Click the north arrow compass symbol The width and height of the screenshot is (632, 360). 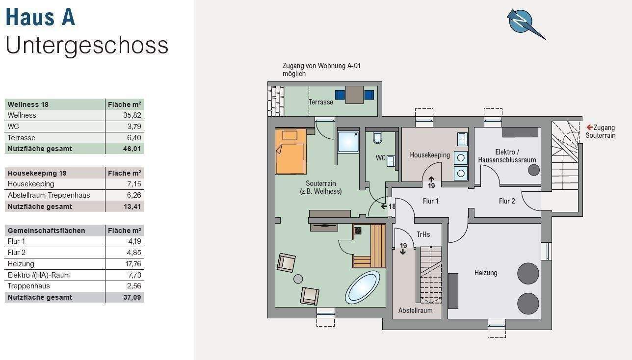tap(522, 22)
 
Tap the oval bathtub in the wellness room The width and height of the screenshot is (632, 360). tap(363, 287)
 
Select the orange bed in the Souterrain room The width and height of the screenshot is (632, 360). tap(291, 152)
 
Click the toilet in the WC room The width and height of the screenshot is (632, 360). tap(377, 137)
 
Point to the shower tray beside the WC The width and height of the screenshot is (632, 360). tap(348, 142)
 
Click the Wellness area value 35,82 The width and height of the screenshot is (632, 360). tap(132, 115)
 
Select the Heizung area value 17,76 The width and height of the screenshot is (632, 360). tap(133, 264)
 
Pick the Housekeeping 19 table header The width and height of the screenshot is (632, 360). tap(37, 173)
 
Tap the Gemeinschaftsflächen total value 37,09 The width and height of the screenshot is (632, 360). tap(132, 297)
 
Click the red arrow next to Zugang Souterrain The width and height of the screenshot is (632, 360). tap(590, 128)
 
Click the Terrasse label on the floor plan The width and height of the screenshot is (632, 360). tap(321, 102)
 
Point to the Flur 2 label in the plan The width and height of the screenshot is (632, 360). tap(507, 201)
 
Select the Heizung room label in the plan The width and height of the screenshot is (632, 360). tap(486, 273)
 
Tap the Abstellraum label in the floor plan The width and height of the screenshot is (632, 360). tap(415, 310)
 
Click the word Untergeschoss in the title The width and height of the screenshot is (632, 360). tap(87, 45)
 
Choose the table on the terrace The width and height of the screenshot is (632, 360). tap(354, 95)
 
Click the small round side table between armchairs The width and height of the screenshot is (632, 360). tap(298, 279)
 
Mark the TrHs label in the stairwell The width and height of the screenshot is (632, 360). tap(423, 234)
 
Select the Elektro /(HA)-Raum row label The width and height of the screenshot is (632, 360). tap(39, 275)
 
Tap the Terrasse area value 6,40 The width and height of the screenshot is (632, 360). tap(134, 138)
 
